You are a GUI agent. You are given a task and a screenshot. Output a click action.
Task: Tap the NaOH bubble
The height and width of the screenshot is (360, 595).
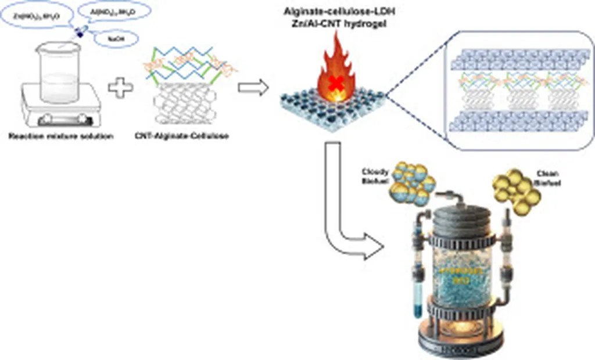tap(120, 39)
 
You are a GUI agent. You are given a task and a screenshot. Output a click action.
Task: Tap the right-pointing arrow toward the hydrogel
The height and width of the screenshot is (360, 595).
tap(253, 87)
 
